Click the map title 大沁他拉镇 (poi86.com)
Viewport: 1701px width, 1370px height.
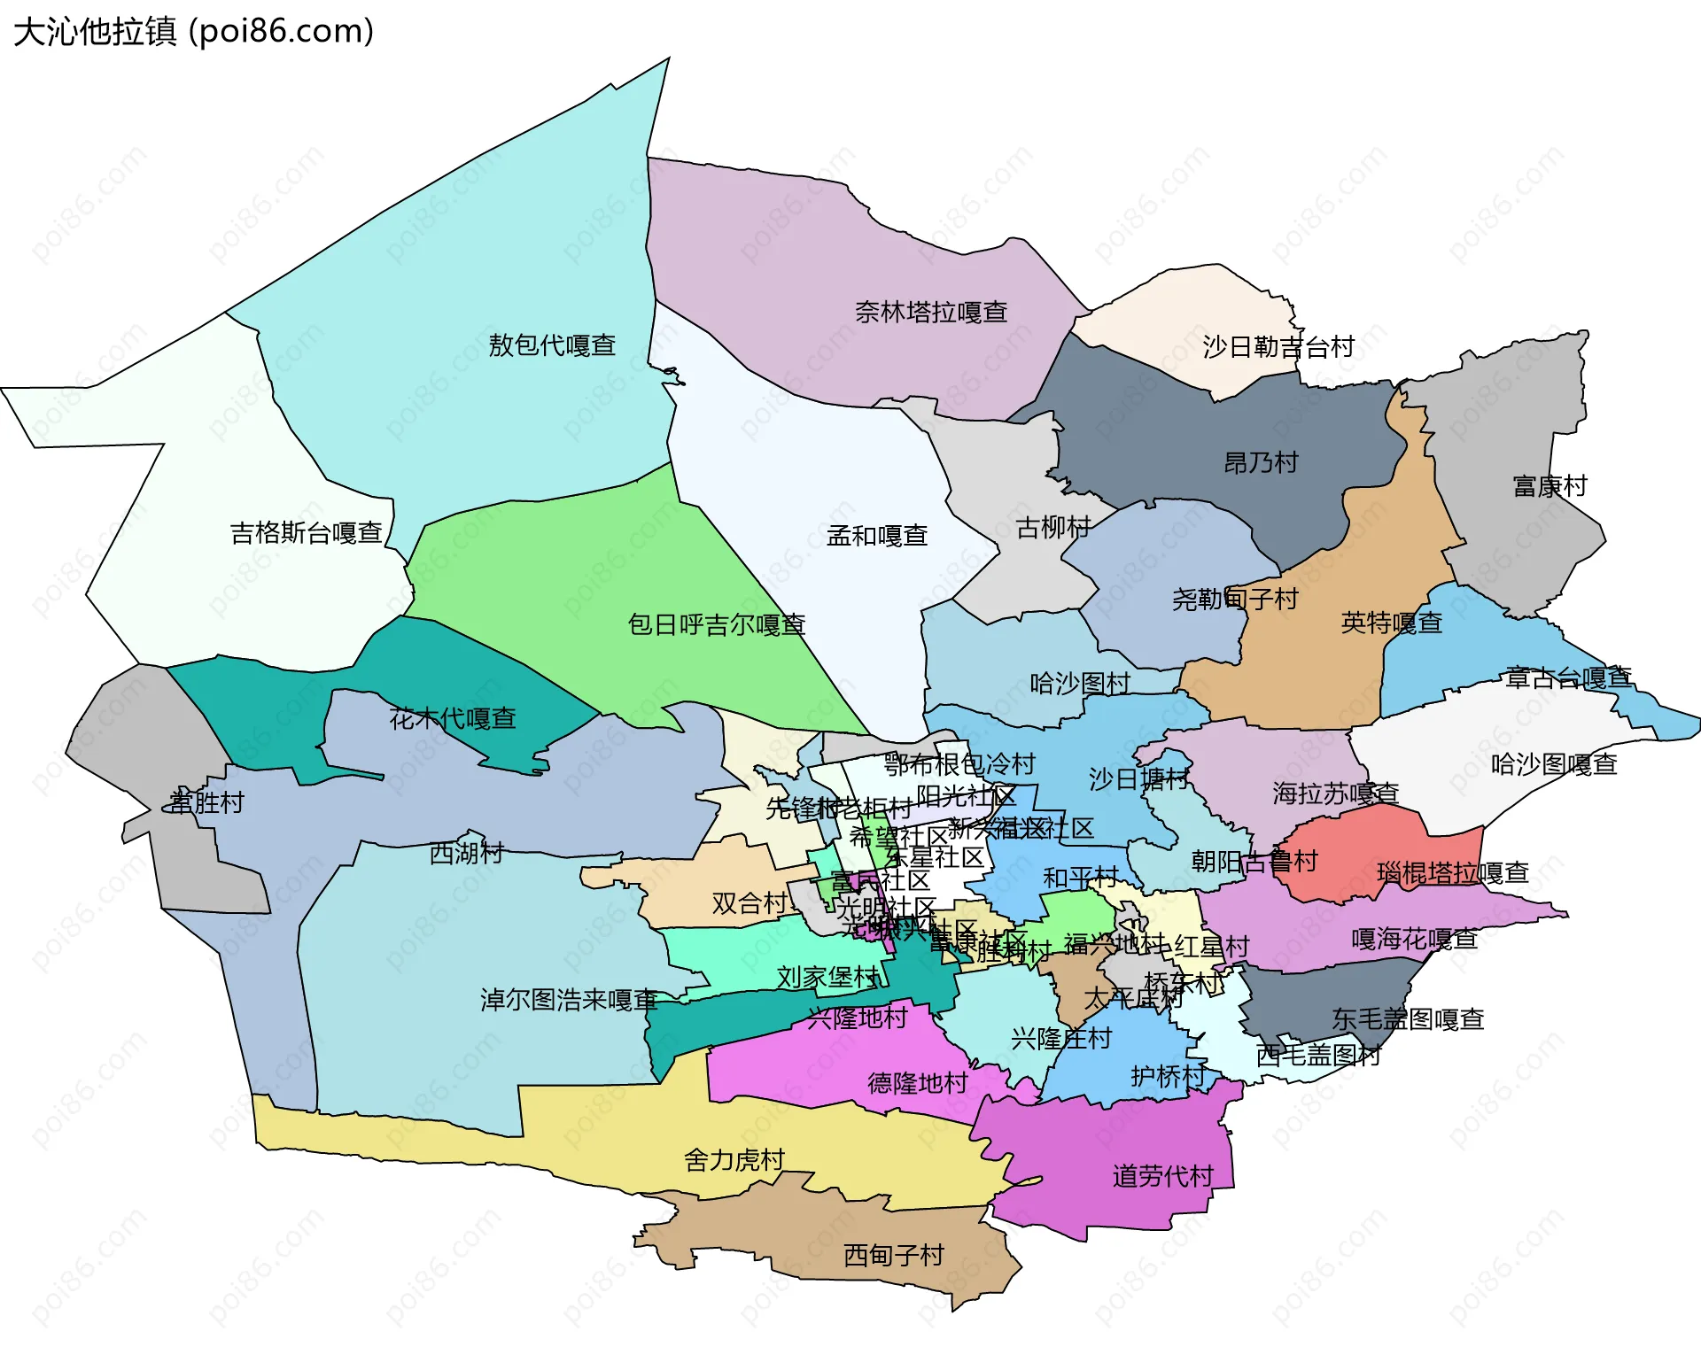click(193, 32)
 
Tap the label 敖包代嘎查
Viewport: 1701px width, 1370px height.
click(552, 345)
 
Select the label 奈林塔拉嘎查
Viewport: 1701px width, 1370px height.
click(930, 313)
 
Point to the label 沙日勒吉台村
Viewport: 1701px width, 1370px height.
click(1278, 347)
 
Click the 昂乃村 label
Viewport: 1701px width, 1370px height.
click(1260, 463)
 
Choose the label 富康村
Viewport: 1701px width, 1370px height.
click(1550, 486)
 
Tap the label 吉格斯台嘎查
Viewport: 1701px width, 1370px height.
click(306, 533)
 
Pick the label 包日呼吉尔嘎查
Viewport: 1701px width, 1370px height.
click(716, 625)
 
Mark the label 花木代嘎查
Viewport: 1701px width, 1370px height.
click(453, 718)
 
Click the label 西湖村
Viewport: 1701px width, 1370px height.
click(466, 853)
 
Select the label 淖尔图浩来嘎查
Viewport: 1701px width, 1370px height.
click(568, 1001)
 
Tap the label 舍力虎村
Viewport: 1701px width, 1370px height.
click(734, 1160)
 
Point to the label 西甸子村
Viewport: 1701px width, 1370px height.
click(893, 1256)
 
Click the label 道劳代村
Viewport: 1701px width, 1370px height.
click(1162, 1177)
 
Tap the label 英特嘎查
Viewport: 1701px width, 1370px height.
click(1391, 623)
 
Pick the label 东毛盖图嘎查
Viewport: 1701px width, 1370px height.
click(1407, 1019)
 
